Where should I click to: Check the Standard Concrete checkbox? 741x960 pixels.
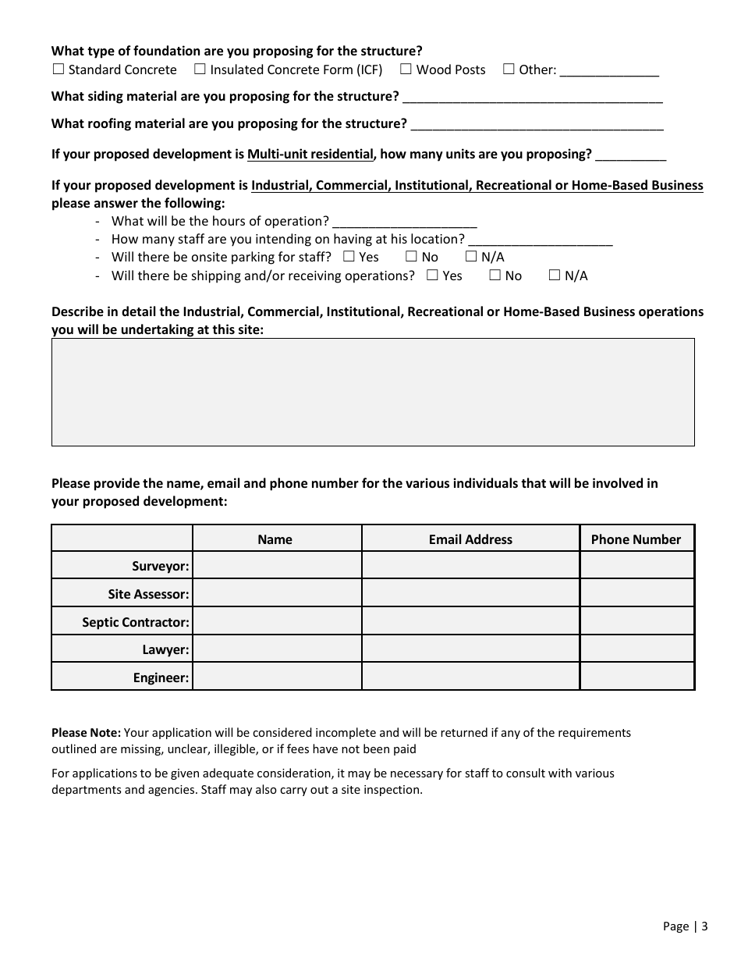click(x=58, y=69)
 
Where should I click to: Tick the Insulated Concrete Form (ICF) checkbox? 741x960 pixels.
click(x=200, y=69)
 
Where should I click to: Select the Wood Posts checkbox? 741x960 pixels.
click(x=406, y=69)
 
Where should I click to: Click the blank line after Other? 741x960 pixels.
click(x=609, y=71)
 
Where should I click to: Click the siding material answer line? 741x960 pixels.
click(x=533, y=98)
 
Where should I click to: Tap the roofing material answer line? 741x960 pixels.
click(x=537, y=125)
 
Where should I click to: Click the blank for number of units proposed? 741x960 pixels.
click(x=630, y=155)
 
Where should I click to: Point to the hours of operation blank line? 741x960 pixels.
click(x=404, y=222)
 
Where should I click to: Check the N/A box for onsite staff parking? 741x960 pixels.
click(x=471, y=257)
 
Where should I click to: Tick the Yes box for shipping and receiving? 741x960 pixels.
click(x=432, y=275)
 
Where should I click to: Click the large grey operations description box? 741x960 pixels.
click(x=373, y=392)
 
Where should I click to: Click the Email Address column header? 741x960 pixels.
click(x=470, y=539)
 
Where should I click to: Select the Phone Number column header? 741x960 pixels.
click(x=636, y=539)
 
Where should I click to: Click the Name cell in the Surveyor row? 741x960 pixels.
click(x=277, y=565)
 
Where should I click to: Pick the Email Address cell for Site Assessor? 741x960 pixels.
click(x=470, y=593)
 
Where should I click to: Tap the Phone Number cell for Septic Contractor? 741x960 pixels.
click(x=636, y=621)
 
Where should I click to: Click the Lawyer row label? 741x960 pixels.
click(x=165, y=649)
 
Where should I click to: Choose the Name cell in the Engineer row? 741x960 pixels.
click(x=277, y=677)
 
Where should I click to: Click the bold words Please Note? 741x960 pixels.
click(x=86, y=733)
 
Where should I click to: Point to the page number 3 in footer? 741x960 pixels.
click(x=704, y=926)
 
